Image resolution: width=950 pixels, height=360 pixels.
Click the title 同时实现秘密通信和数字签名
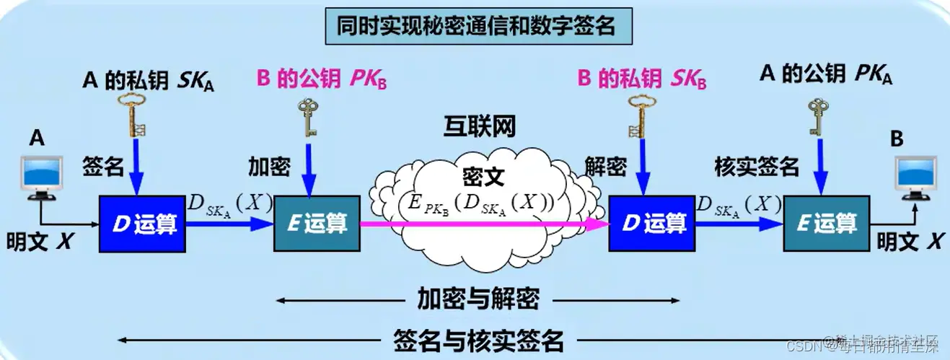477,27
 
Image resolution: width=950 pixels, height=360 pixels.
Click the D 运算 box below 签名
142,223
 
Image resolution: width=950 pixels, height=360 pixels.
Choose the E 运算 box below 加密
316,223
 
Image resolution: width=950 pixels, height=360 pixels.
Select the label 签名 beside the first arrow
103,167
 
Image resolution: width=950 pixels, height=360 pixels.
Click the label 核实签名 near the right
756,167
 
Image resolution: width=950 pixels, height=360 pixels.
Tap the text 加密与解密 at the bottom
478,298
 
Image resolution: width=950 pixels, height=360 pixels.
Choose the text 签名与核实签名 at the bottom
478,338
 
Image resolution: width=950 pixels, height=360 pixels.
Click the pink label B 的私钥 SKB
641,79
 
